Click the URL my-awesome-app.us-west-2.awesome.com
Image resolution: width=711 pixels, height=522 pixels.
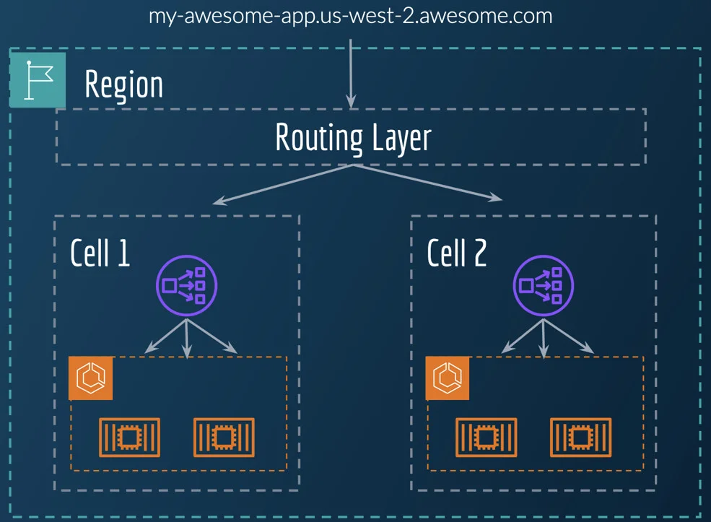350,15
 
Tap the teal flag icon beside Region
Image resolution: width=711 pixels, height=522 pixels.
38,79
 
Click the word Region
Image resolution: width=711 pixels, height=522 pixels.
123,84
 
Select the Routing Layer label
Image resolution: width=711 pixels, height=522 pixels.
352,137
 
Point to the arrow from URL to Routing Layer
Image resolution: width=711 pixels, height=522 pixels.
351,72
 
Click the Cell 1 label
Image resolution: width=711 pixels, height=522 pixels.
100,253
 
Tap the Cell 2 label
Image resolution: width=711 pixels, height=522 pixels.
457,253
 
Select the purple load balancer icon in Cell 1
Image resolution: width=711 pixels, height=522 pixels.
186,286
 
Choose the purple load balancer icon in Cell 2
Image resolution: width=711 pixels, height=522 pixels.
543,286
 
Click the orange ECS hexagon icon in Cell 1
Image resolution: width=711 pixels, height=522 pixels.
92,378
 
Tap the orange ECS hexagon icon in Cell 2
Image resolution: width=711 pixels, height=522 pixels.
448,378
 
